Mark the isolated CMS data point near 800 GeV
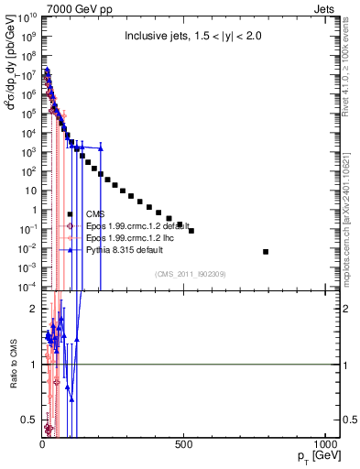(266, 251)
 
